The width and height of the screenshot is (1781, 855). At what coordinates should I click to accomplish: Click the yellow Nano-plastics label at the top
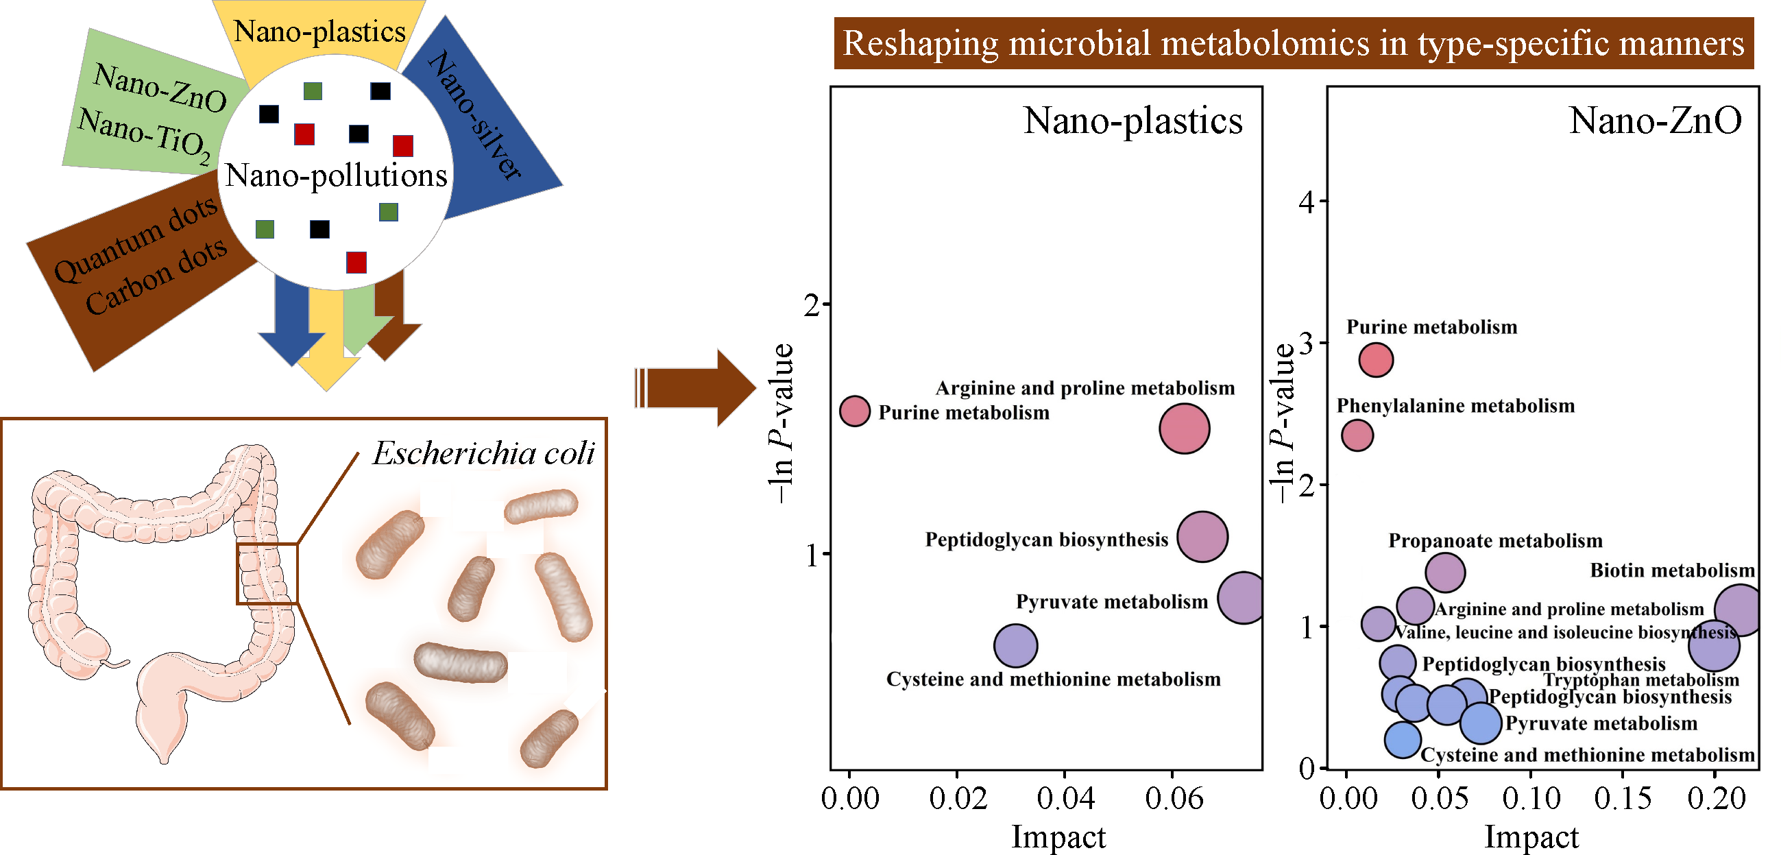(319, 32)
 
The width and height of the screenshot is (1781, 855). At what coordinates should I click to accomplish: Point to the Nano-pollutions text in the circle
(336, 176)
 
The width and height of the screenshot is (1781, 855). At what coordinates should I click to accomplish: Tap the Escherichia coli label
(483, 454)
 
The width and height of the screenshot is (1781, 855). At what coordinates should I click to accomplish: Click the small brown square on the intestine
(267, 573)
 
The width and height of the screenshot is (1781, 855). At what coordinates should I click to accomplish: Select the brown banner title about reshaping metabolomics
(1293, 44)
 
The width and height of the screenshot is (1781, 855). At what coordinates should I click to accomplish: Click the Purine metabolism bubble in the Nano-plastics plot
(855, 411)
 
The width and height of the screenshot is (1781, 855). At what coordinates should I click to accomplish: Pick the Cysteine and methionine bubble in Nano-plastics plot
(1015, 645)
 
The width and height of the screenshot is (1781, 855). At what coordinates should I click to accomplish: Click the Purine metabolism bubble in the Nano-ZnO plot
(1376, 360)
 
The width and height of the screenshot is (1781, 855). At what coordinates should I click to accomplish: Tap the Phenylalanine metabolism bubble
(1357, 435)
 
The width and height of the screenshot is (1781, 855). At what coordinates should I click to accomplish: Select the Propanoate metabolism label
(1494, 541)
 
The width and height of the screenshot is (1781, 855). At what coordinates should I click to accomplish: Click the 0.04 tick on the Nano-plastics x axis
(1065, 799)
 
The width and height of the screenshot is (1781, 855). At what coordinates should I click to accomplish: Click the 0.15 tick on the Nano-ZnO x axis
(1622, 799)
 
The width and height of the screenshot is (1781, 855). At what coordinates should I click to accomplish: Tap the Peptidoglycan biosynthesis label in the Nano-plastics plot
(1046, 540)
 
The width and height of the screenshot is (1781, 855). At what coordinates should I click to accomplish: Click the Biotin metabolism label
(1672, 570)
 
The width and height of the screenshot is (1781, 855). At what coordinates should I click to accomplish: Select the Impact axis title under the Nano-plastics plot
(1058, 837)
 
